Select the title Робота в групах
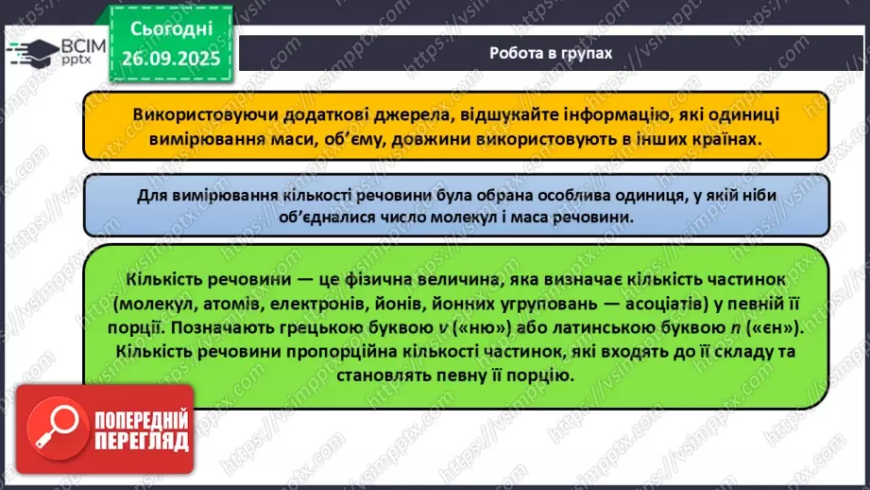pos(551,53)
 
